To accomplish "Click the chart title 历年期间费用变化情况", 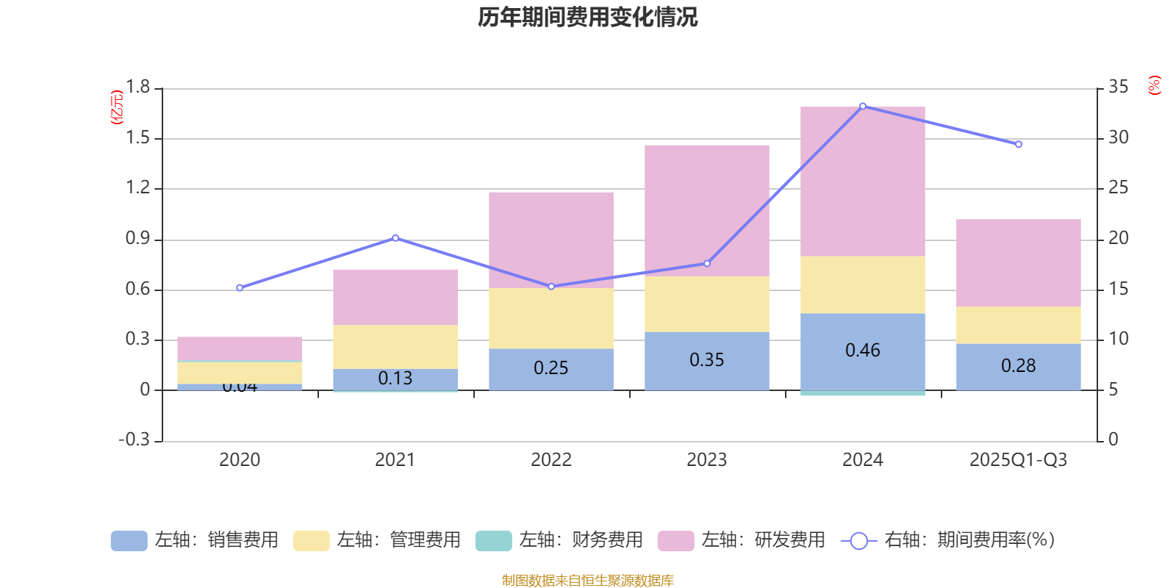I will coord(587,17).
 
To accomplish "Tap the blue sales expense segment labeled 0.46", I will coord(862,351).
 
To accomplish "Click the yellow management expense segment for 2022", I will coord(551,318).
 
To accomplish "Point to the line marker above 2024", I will coord(863,106).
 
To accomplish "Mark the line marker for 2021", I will coord(395,237).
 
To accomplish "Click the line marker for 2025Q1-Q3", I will coord(1018,144).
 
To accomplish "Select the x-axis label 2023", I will coord(706,459).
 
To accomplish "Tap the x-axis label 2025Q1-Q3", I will coord(1018,459).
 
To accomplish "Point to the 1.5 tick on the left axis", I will coord(137,137).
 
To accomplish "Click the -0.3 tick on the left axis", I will coord(134,440).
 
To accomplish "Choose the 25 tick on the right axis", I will coord(1118,187).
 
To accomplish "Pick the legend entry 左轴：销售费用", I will coord(196,540).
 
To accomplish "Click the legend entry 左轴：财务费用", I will coord(559,540).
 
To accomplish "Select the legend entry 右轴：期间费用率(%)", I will coord(948,540).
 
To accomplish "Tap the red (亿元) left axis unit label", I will coord(116,107).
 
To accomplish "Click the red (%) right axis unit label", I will coord(1155,85).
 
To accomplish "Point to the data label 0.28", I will coord(1018,365).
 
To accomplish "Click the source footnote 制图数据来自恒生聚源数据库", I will coord(587,581).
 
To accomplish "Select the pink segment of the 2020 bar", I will coord(240,348).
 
